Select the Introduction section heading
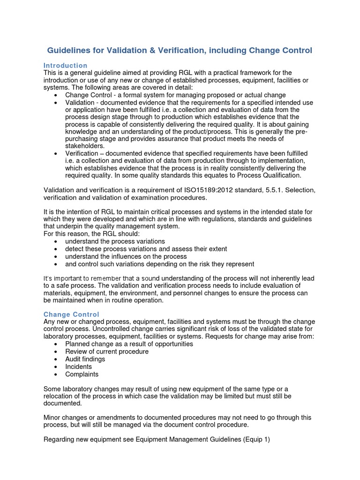pos(65,65)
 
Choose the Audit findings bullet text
pos(85,359)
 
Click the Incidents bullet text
pos(78,367)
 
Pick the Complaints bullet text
pos(82,374)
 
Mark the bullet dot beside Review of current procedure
pos(56,352)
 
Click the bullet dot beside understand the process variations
pos(56,241)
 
